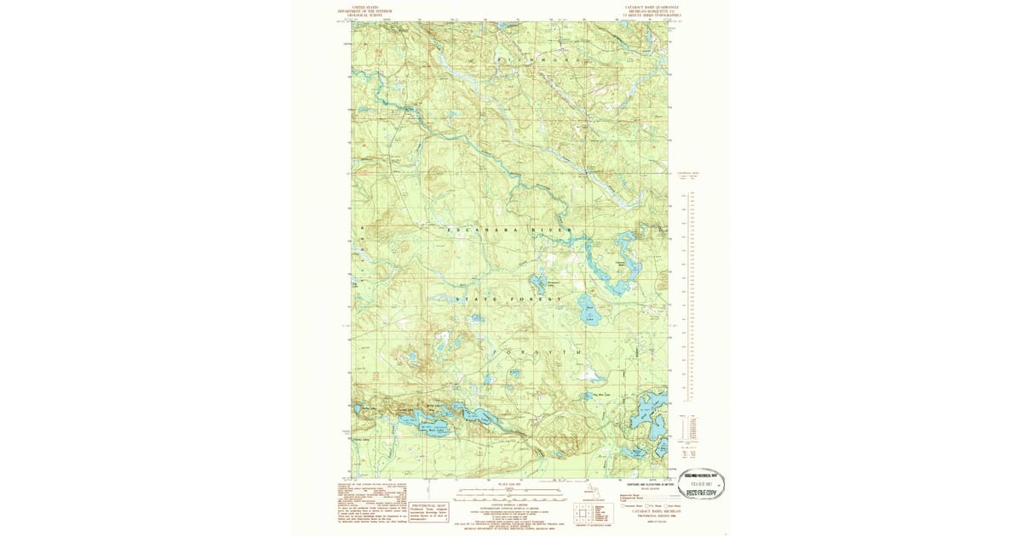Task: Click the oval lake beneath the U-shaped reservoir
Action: [x=588, y=314]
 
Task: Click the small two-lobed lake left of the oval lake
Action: [x=539, y=283]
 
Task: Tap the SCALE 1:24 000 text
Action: [x=508, y=483]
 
